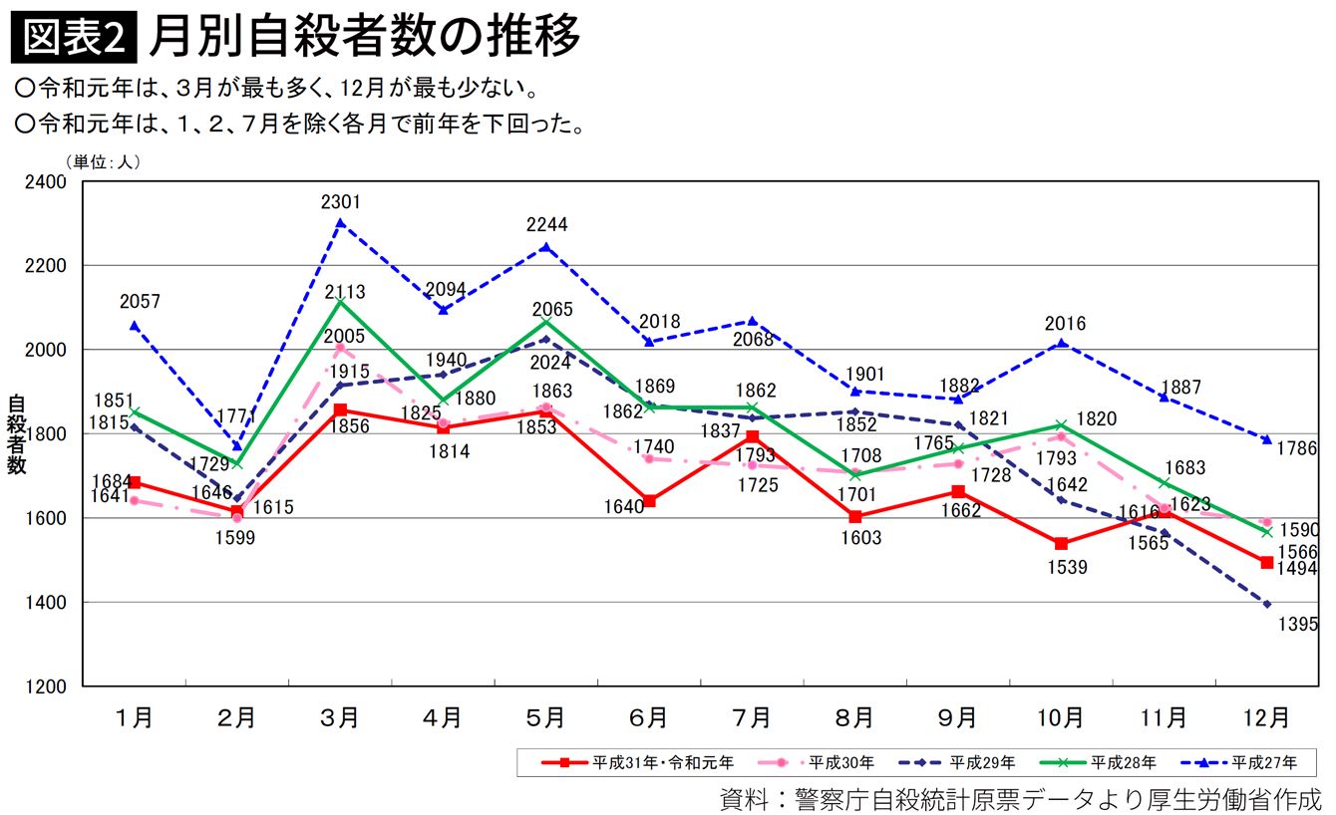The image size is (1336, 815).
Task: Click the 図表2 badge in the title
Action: [x=72, y=38]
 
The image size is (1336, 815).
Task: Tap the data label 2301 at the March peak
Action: [x=341, y=202]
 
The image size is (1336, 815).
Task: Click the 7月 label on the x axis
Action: [x=752, y=718]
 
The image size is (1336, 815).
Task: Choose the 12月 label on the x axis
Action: [x=1265, y=718]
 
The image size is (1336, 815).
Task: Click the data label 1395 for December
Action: [x=1297, y=625]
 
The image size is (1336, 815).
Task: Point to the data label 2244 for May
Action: [x=547, y=225]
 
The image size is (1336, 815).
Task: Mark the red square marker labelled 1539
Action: [x=1061, y=544]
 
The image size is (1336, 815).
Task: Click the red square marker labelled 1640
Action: [x=649, y=501]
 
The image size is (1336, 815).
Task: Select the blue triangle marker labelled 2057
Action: [x=135, y=326]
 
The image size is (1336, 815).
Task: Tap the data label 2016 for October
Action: [x=1065, y=324]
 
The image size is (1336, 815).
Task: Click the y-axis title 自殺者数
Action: [x=16, y=435]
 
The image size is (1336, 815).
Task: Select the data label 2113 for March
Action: [x=344, y=292]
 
